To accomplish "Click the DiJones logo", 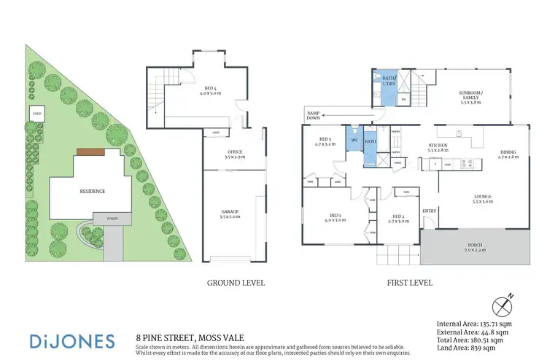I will (x=72, y=341).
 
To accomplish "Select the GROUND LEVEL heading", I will (x=236, y=283).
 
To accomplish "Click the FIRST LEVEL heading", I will (x=411, y=283).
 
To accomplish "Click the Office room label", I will (x=234, y=154).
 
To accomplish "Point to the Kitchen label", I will (x=438, y=147).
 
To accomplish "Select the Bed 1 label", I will (x=336, y=217).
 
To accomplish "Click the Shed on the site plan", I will (x=36, y=114).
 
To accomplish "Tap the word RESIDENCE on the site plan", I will (x=93, y=191).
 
